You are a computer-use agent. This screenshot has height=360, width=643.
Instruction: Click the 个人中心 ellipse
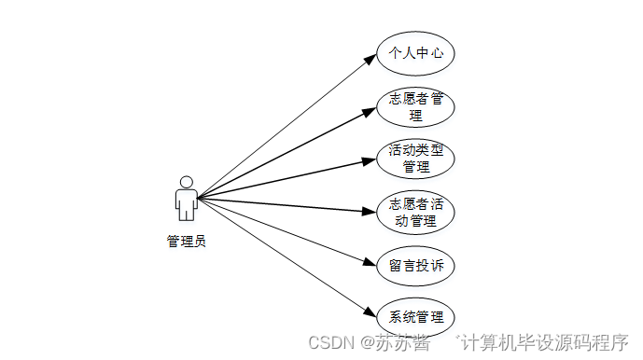[x=415, y=54]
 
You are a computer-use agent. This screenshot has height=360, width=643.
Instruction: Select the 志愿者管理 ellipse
[x=415, y=107]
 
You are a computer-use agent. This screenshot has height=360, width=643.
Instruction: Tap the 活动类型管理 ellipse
[x=415, y=159]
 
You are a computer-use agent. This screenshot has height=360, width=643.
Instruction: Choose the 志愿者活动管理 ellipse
[x=415, y=213]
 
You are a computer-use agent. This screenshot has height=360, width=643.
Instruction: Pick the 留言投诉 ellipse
[x=415, y=265]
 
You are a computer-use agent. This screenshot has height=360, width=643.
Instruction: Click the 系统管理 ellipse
[x=415, y=316]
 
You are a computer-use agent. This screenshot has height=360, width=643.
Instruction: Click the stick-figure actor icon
[x=187, y=199]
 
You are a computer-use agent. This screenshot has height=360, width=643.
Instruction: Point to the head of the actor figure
[x=187, y=181]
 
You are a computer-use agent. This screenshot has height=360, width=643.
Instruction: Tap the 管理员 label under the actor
[x=186, y=242]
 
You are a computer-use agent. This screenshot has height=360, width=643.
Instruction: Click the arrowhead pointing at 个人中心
[x=371, y=61]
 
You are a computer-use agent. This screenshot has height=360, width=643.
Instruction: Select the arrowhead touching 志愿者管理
[x=370, y=111]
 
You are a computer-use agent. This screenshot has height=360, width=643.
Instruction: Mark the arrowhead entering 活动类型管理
[x=370, y=161]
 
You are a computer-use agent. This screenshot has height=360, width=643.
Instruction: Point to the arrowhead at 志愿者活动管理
[x=370, y=213]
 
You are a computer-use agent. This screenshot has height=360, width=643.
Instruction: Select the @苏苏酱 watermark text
[x=396, y=342]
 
